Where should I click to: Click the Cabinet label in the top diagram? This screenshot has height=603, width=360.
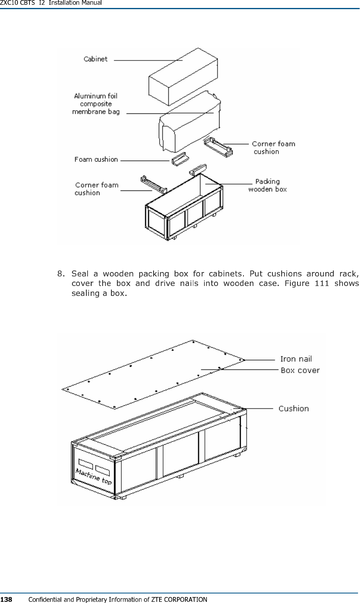pyautogui.click(x=95, y=59)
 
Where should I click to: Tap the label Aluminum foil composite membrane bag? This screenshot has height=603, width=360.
pyautogui.click(x=96, y=104)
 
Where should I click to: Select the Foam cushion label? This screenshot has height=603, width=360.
pyautogui.click(x=96, y=160)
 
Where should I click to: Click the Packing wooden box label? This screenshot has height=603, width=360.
pyautogui.click(x=267, y=185)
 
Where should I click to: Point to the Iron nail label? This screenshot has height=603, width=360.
pyautogui.click(x=296, y=359)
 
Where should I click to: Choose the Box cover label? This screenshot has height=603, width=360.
pyautogui.click(x=300, y=370)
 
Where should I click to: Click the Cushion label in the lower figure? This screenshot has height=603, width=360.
pyautogui.click(x=294, y=408)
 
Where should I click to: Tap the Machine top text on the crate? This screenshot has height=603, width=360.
pyautogui.click(x=93, y=477)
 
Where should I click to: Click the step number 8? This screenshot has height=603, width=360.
pyautogui.click(x=61, y=274)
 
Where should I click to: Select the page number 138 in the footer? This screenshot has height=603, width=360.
pyautogui.click(x=6, y=599)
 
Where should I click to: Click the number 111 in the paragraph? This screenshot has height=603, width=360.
pyautogui.click(x=321, y=283)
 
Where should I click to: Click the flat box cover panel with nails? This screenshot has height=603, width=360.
pyautogui.click(x=153, y=374)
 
